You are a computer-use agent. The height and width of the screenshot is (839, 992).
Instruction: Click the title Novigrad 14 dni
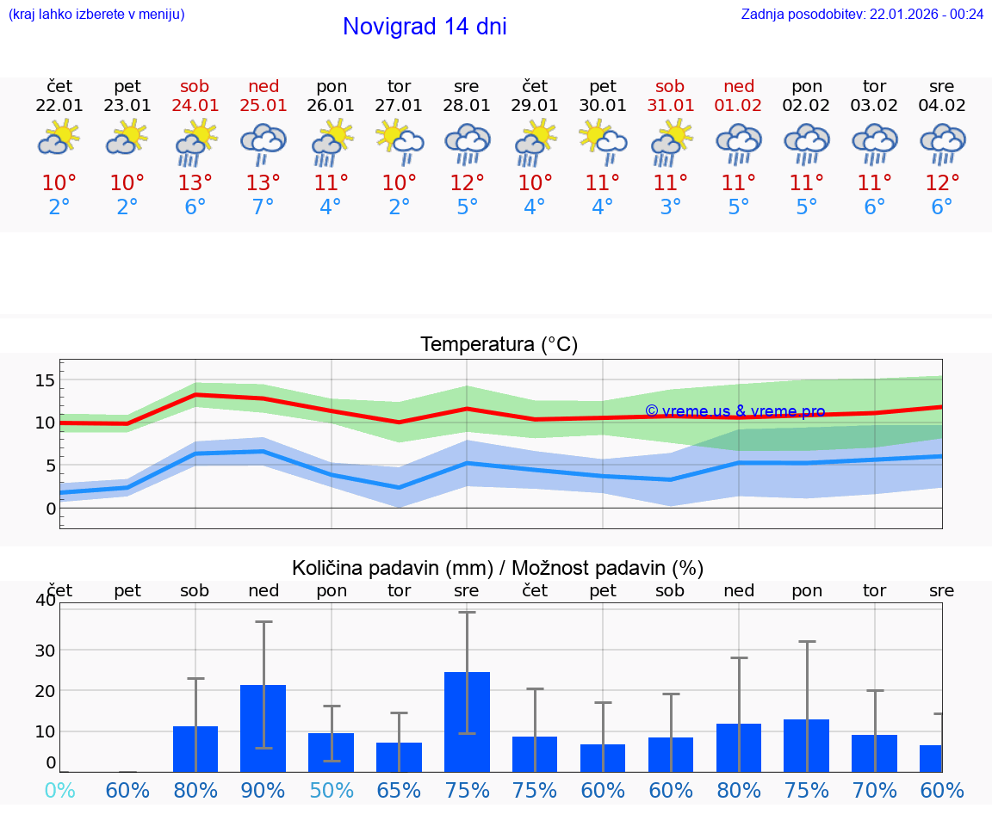425,27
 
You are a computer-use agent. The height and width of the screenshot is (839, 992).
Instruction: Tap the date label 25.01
263,105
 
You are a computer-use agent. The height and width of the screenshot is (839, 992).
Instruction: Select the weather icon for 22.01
59,139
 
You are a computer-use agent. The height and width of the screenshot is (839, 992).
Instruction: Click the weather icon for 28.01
467,143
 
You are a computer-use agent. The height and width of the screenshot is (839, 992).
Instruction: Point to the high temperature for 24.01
195,183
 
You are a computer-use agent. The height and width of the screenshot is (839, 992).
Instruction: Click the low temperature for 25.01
263,207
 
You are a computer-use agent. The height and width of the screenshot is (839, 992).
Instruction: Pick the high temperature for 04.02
942,183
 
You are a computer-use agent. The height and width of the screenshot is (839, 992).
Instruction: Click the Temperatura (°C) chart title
499,344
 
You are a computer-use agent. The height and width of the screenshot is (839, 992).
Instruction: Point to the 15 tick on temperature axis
46,379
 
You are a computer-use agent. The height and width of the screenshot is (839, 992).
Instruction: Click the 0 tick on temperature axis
51,509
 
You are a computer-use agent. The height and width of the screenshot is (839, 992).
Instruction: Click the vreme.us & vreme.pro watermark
735,411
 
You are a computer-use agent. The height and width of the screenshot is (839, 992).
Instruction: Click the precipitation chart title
498,568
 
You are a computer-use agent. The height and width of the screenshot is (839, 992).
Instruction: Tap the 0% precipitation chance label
59,790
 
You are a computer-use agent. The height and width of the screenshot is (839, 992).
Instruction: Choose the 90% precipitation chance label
263,790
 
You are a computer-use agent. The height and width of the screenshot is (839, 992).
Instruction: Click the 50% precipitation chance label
332,790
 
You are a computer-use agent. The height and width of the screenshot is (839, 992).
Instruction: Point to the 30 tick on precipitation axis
45,650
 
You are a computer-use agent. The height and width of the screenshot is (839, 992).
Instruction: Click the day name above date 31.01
670,86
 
